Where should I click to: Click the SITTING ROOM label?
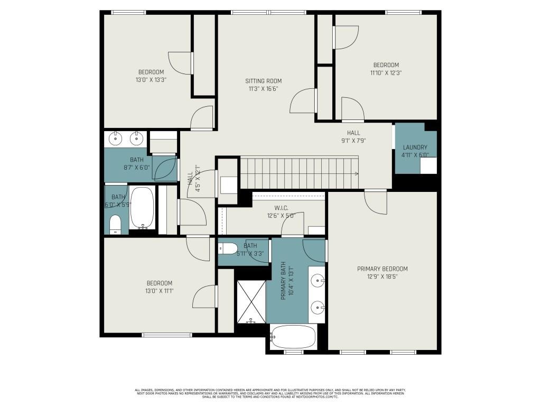[263, 81]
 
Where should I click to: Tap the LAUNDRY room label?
[415, 147]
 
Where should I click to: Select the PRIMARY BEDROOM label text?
[383, 269]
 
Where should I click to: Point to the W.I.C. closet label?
[281, 208]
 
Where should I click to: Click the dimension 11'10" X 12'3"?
[384, 73]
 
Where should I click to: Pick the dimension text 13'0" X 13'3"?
[151, 80]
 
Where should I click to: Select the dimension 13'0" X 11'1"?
[160, 291]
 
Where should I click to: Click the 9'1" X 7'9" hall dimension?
[353, 141]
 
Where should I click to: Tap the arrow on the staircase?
[357, 173]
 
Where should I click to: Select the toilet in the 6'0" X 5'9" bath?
[115, 224]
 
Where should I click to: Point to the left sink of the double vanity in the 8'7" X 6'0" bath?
[116, 139]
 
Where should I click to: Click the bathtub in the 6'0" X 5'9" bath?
[142, 207]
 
